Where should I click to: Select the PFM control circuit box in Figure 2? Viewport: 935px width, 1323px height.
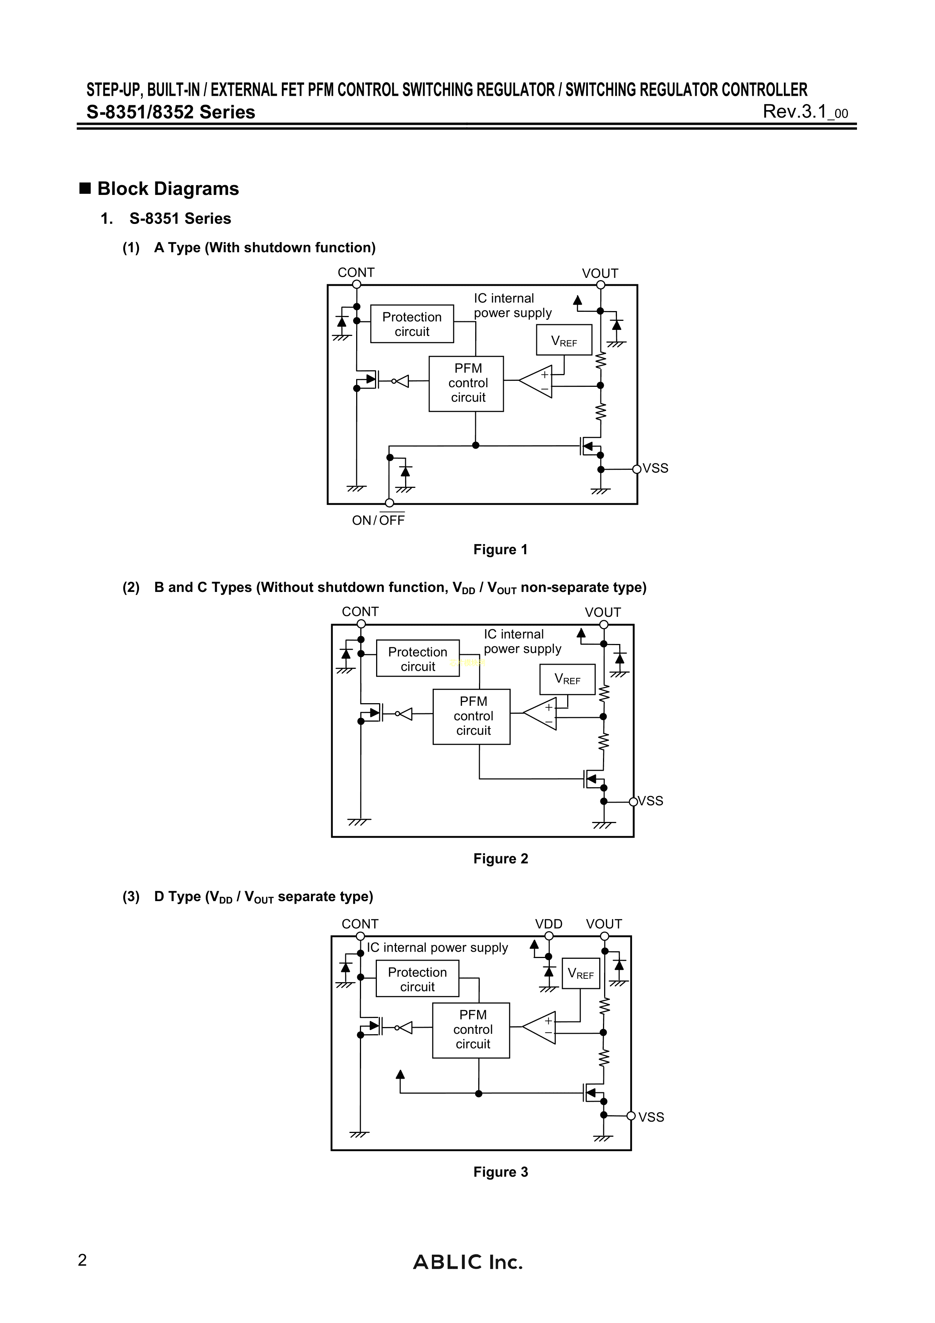point(471,716)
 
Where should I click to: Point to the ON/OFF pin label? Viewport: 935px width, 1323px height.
point(378,520)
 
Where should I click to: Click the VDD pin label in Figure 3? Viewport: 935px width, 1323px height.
point(548,924)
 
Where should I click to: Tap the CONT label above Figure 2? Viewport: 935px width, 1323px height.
point(360,612)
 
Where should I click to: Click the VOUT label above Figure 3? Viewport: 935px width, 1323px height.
point(604,924)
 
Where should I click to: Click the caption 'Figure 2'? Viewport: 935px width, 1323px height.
point(500,858)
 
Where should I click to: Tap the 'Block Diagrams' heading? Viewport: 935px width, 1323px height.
point(168,189)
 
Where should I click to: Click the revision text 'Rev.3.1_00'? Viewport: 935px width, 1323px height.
point(805,111)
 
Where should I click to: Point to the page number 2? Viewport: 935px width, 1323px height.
point(83,1260)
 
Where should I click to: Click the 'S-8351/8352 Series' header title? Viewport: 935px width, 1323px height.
point(170,112)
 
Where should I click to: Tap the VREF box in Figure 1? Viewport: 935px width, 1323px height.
point(564,340)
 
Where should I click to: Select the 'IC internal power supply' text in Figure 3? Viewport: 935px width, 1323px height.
point(437,947)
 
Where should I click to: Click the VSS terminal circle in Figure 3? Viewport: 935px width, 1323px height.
point(631,1116)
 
